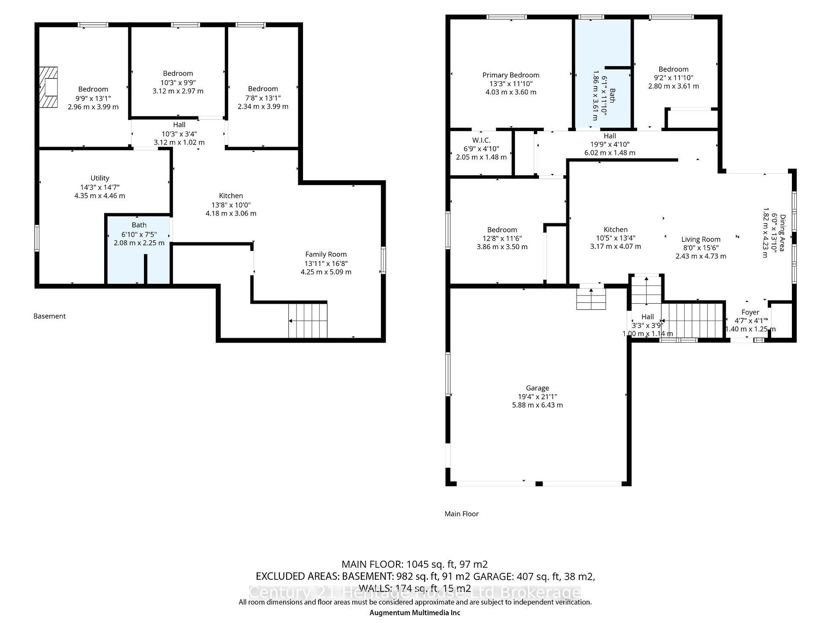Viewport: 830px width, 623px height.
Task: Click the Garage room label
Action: pos(537,388)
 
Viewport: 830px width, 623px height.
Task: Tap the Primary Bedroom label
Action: pos(511,75)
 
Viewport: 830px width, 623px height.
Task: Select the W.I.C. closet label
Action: pos(481,140)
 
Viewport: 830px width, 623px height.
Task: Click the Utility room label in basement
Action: pos(99,178)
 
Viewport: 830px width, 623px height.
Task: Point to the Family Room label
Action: pos(326,254)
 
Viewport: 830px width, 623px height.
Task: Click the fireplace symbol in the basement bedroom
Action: pos(48,87)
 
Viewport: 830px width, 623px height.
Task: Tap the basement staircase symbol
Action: pos(308,321)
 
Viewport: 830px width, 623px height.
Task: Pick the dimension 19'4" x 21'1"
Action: pos(537,397)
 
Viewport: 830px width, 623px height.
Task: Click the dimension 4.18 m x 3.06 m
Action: pos(231,213)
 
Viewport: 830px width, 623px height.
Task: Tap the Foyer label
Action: pos(750,312)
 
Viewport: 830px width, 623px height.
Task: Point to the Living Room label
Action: pos(701,239)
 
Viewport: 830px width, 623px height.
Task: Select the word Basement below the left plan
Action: pos(49,316)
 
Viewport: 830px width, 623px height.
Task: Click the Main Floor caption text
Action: pos(461,514)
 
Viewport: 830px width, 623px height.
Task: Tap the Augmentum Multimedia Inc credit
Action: pos(415,613)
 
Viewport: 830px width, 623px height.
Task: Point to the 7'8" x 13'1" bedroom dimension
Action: pos(263,98)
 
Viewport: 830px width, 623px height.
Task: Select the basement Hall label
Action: pos(179,125)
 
